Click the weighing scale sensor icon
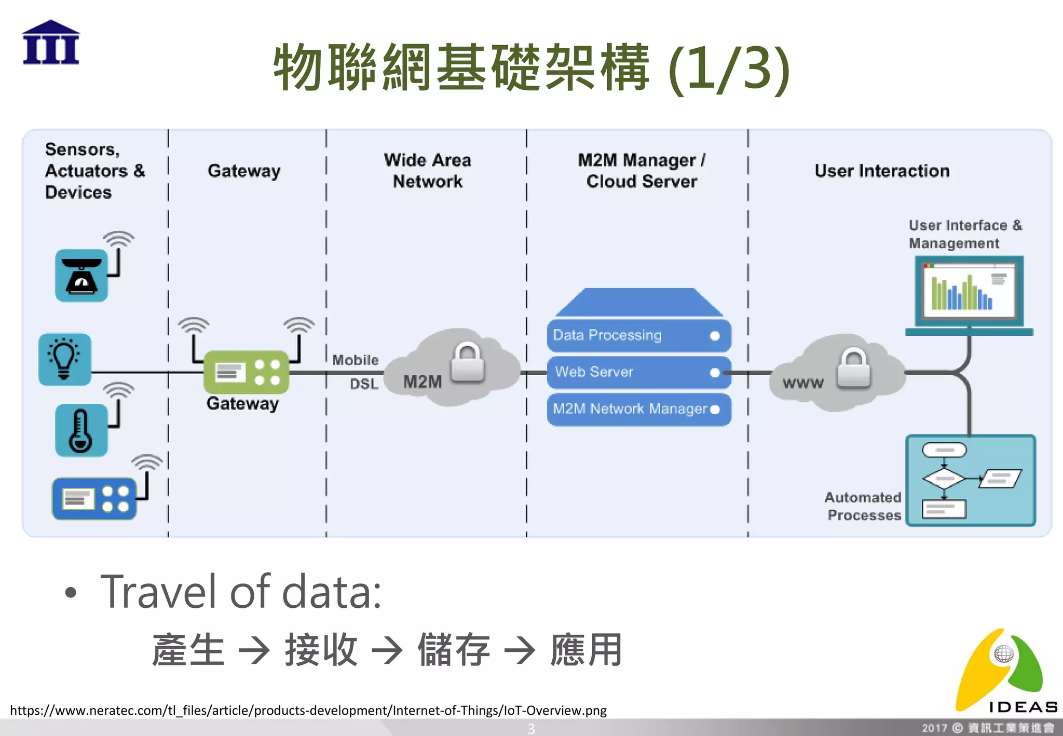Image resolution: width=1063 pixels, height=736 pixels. pos(81,275)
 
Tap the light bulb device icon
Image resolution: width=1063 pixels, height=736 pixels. pos(65,359)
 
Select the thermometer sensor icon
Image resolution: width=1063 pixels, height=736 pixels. pos(81,430)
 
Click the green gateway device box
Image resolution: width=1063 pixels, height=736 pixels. pos(246,372)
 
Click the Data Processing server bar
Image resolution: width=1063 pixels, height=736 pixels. pos(638,335)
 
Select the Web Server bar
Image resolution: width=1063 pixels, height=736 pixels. pos(638,372)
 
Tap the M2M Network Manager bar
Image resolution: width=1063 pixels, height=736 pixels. pos(638,410)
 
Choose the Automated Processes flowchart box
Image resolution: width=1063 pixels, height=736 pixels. pos(971,481)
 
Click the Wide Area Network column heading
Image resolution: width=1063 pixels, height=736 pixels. pos(427,171)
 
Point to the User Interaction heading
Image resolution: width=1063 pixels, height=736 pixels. pos(881,171)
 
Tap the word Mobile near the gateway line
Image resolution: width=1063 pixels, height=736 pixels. pos(355,360)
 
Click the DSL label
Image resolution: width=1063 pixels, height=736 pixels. pos(363,384)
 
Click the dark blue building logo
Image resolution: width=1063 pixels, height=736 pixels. pos(51,43)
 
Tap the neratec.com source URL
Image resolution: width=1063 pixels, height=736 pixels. pos(308,710)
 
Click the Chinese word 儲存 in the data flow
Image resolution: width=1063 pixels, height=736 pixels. pos(454,650)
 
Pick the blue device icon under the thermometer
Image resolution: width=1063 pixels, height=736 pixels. pos(94,498)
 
